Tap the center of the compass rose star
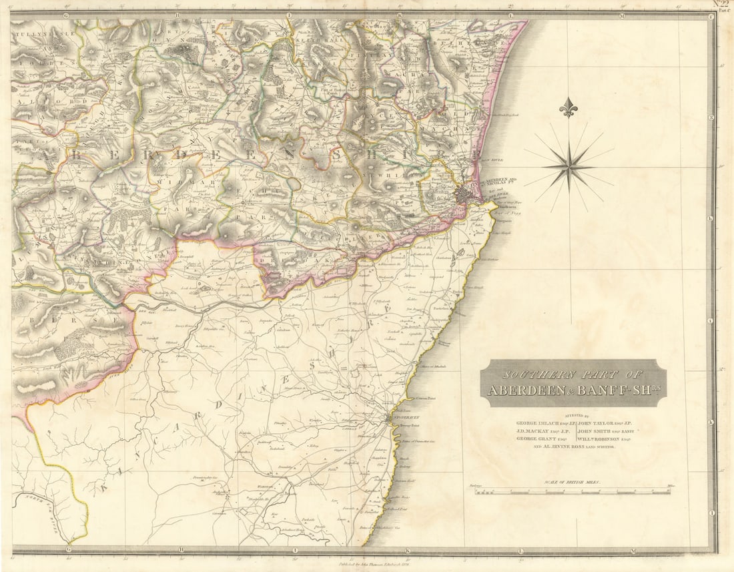pyautogui.click(x=569, y=167)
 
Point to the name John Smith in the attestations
pyautogui.click(x=603, y=431)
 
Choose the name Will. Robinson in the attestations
pyautogui.click(x=603, y=439)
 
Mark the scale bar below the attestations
pyautogui.click(x=573, y=491)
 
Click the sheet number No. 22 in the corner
pyautogui.click(x=721, y=4)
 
